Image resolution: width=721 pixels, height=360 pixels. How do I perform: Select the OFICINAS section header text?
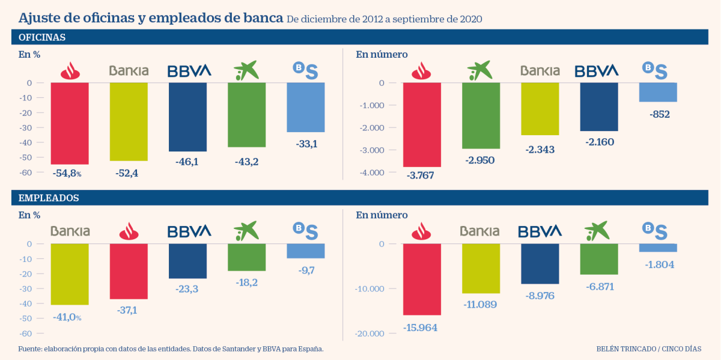42,37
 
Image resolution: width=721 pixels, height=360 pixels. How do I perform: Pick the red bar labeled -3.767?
422,124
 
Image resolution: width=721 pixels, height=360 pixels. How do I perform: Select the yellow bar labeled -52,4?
129,121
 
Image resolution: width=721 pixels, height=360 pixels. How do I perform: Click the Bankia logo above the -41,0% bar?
70,231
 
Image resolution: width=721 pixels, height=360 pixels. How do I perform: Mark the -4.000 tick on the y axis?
373,173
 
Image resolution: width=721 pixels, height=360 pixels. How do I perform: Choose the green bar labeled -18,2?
246,257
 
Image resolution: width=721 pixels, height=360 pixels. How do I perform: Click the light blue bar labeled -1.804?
658,248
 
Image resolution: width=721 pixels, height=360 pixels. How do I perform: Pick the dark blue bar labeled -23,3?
187,261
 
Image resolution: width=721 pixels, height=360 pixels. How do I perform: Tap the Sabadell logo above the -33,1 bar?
305,70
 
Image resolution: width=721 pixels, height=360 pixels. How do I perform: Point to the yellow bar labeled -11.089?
481,268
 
